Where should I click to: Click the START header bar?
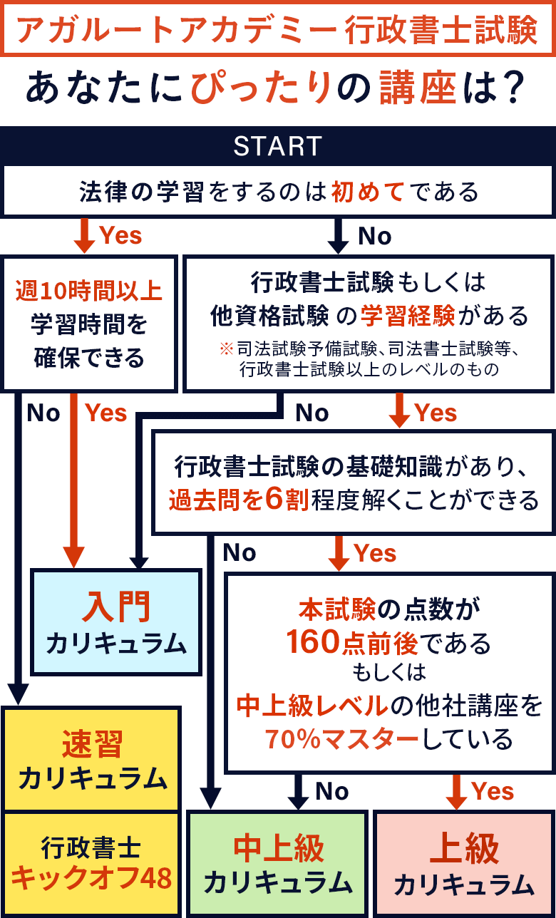[x=277, y=146]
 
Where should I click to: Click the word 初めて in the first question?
[x=368, y=192]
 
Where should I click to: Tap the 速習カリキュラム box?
[x=92, y=758]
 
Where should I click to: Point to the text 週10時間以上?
[x=89, y=291]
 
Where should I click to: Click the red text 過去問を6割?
[x=238, y=500]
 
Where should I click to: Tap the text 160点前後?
[x=352, y=643]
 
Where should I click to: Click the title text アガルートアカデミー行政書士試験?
[x=277, y=30]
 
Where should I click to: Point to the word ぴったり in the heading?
[x=262, y=88]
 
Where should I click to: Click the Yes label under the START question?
[x=120, y=236]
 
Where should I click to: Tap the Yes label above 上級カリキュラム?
[x=493, y=791]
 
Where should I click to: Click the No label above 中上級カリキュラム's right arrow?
[x=332, y=791]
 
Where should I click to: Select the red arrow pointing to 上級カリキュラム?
[x=455, y=791]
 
